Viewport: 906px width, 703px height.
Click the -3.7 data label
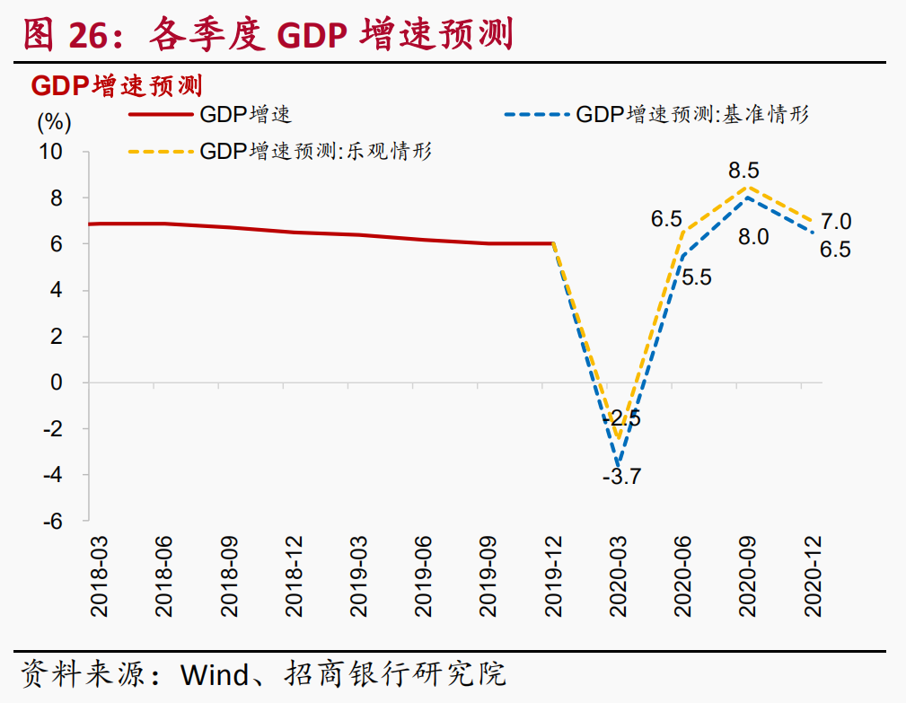pos(621,477)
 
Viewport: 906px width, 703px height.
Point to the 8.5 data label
pos(744,170)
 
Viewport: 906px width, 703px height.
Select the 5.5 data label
pos(696,277)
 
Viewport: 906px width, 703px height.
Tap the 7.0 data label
pos(836,222)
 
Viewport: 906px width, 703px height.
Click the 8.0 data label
pos(752,237)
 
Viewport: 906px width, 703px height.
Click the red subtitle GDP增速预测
pos(116,86)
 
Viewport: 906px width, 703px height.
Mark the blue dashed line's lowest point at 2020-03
pos(618,465)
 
